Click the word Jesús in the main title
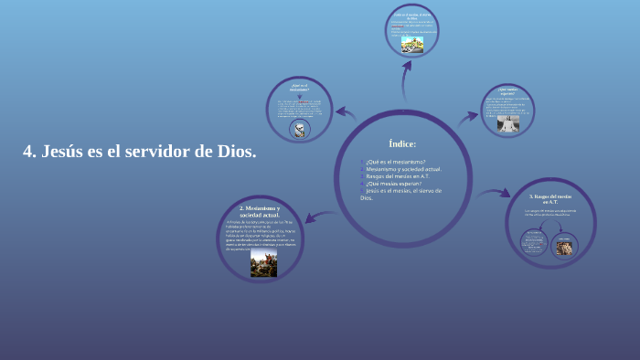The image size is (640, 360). (x=63, y=152)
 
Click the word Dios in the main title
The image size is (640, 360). (x=234, y=152)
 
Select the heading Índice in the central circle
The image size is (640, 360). (x=402, y=143)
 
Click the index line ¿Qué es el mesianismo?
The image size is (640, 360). (x=395, y=162)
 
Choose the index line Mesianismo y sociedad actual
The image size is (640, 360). (x=403, y=169)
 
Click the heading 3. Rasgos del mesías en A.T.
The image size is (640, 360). (x=550, y=198)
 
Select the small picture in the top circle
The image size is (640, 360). (x=412, y=44)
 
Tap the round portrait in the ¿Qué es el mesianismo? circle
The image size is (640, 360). (x=298, y=128)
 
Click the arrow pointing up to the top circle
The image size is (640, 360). (x=405, y=84)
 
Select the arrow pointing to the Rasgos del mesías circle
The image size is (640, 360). (x=494, y=193)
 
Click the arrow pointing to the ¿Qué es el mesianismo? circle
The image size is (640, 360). (x=345, y=112)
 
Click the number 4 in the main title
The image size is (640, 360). (x=28, y=152)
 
